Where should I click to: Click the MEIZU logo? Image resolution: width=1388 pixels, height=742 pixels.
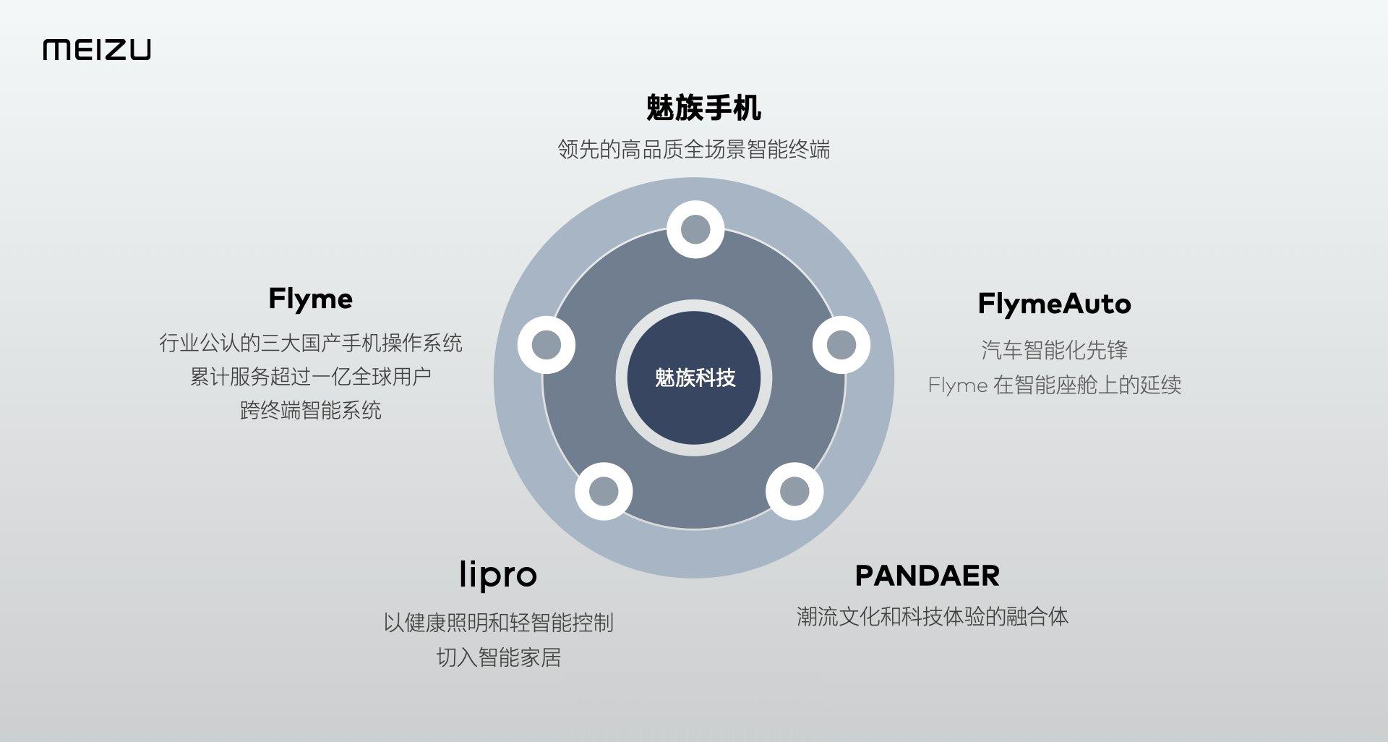(x=97, y=50)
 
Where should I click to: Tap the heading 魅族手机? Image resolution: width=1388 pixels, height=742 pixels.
(x=703, y=108)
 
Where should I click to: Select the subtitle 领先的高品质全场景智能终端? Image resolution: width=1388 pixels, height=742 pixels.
(x=694, y=150)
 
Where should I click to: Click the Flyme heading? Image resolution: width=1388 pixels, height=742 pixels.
(x=310, y=299)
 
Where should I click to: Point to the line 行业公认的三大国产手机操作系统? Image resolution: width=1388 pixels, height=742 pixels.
(x=310, y=343)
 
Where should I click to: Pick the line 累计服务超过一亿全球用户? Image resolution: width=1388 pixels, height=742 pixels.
(x=310, y=377)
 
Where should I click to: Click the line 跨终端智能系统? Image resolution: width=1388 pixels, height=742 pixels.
(x=310, y=411)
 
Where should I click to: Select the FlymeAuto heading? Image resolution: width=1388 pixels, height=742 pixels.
(x=1054, y=304)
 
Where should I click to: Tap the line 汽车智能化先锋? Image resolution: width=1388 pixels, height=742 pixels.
(x=1054, y=350)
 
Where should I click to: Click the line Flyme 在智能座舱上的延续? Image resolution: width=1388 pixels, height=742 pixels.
(x=1054, y=385)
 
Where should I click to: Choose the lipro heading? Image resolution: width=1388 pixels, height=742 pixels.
(x=498, y=575)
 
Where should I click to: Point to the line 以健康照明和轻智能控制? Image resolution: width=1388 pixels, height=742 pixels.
(x=498, y=623)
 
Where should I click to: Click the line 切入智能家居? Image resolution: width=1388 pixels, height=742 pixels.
(x=498, y=657)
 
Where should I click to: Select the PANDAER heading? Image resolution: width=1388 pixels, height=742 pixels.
(x=927, y=576)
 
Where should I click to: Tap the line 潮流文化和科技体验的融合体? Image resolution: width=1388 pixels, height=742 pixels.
(x=932, y=617)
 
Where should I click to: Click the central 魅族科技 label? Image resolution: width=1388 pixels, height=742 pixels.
(x=695, y=378)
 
